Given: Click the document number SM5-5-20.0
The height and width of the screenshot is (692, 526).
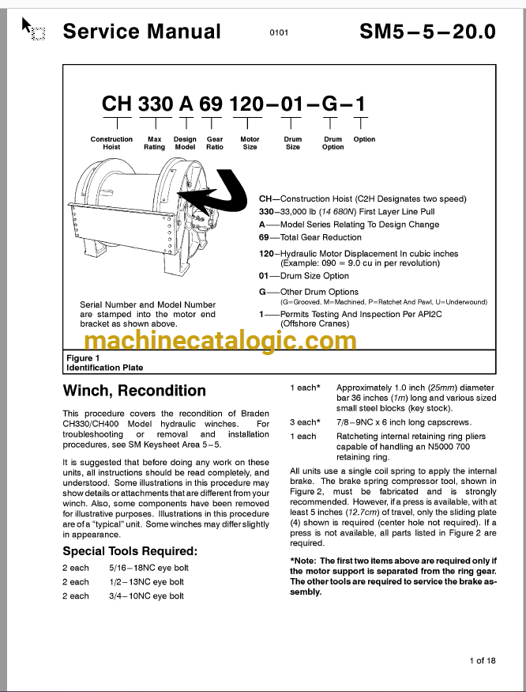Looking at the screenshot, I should (x=427, y=32).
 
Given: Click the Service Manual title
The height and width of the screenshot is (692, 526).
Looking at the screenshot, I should (x=141, y=32).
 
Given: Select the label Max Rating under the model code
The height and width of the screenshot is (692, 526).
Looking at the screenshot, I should (x=155, y=143).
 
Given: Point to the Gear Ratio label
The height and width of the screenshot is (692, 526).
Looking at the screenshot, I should (x=214, y=143).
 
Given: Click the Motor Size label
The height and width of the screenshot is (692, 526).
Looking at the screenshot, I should (x=250, y=143).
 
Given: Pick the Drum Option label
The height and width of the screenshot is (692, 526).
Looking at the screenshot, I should (x=333, y=143).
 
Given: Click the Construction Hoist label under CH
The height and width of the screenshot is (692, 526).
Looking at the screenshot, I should (x=111, y=143).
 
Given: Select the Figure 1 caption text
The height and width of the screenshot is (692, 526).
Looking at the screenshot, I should (x=104, y=363).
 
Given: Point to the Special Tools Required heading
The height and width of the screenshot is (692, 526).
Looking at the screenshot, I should (x=130, y=551).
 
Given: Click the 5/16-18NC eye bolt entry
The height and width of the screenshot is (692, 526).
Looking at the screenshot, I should (x=146, y=568).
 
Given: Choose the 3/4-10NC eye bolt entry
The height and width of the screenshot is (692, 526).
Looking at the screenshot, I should (x=146, y=596).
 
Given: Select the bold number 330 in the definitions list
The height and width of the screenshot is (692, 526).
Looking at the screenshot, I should (x=269, y=212).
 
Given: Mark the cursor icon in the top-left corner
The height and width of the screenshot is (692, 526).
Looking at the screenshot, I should (x=32, y=29).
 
